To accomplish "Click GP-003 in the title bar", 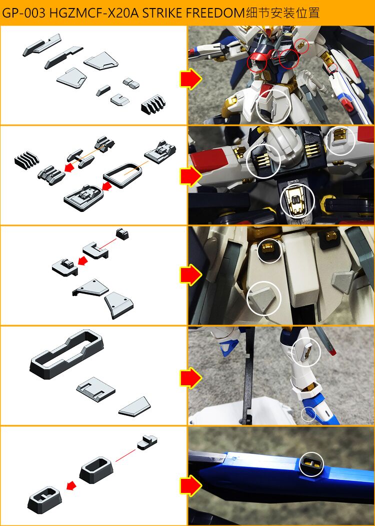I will [x=24, y=13].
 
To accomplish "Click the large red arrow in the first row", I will [x=190, y=79].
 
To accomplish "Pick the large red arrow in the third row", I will [x=190, y=275].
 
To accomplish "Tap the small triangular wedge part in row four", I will [x=135, y=406].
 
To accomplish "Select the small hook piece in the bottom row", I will [x=147, y=442].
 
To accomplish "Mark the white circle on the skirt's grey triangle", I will [x=264, y=299].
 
